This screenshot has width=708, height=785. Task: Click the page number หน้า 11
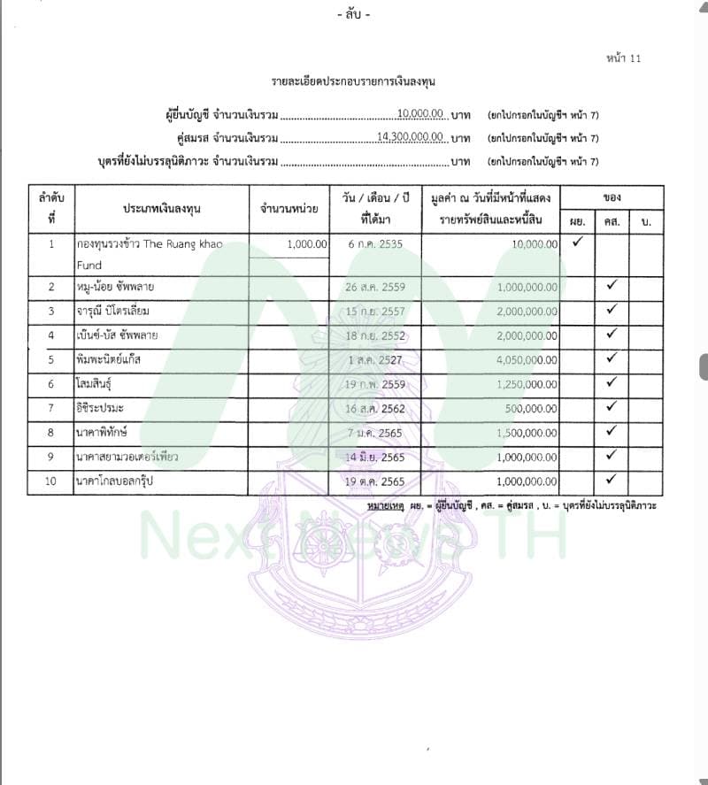click(x=623, y=58)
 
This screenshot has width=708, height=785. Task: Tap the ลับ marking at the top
click(x=354, y=15)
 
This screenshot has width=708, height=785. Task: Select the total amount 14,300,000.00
click(x=410, y=136)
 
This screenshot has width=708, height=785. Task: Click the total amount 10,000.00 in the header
click(x=420, y=114)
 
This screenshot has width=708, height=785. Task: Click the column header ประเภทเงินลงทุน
click(x=161, y=208)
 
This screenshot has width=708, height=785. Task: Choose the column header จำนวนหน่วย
click(x=289, y=208)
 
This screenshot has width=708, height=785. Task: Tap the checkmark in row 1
click(x=578, y=242)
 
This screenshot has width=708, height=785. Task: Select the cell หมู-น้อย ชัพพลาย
click(x=114, y=287)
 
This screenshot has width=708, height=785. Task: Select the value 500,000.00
click(x=527, y=408)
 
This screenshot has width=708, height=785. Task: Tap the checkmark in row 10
click(x=612, y=480)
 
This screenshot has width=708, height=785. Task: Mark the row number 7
click(x=51, y=408)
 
